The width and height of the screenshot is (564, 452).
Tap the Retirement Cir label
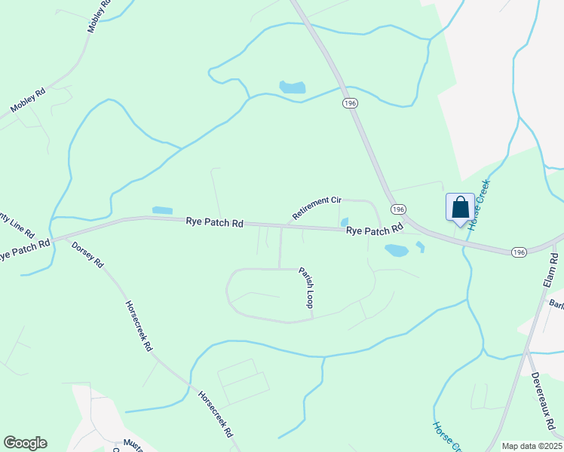317,208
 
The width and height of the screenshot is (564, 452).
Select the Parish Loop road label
305,287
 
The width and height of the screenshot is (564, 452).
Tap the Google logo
25,443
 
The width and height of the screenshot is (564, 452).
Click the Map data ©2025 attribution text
532,446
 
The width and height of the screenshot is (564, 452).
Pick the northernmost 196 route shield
350,103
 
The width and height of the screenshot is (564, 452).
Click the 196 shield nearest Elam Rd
517,252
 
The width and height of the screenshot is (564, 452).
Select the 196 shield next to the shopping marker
399,209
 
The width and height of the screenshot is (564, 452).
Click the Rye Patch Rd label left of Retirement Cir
216,223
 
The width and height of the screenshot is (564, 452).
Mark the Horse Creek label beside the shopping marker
478,205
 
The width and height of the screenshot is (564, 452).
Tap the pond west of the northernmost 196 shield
293,87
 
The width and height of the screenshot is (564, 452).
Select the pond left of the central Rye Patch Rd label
162,210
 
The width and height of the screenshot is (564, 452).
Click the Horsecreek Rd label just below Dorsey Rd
139,325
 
